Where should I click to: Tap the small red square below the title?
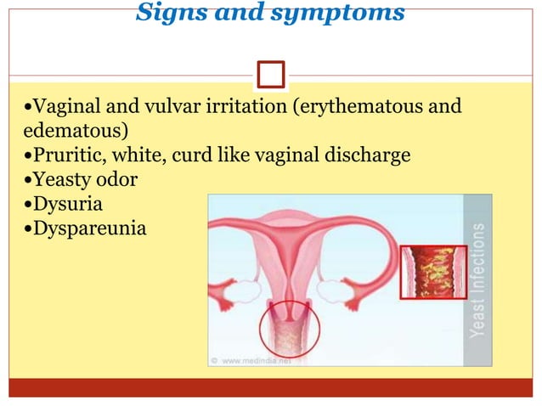[271, 74]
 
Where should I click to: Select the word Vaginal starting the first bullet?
[58, 109]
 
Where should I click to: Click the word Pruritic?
[59, 156]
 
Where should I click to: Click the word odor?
[117, 180]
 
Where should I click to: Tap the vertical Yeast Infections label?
[477, 280]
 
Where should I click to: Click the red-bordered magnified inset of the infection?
[432, 273]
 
